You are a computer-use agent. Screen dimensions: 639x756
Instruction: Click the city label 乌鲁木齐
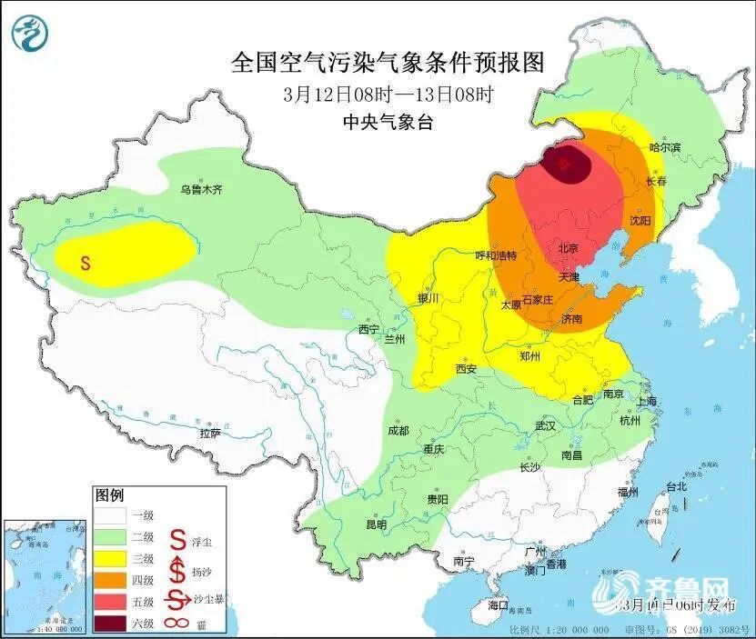pos(201,190)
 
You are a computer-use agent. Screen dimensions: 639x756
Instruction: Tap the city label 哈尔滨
pos(665,147)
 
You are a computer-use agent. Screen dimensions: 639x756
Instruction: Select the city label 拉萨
pos(210,434)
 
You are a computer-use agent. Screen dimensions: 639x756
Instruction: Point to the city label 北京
pos(569,247)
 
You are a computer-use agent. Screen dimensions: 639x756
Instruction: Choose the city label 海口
pos(498,604)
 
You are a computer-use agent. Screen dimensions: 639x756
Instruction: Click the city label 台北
pos(677,486)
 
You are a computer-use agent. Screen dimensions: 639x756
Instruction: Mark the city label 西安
pos(467,369)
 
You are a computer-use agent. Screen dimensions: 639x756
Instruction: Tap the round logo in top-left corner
pos(30,33)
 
